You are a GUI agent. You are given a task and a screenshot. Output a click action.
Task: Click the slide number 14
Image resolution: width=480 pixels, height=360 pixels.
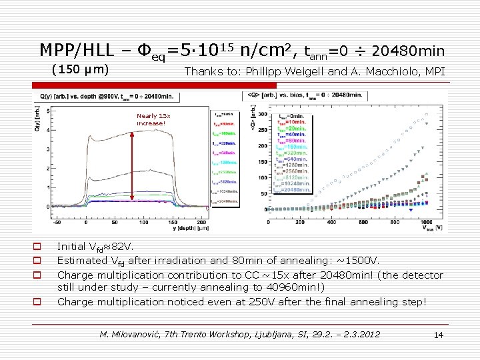click(x=438, y=335)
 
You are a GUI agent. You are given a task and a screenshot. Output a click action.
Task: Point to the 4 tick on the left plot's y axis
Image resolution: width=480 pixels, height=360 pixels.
click(x=47, y=129)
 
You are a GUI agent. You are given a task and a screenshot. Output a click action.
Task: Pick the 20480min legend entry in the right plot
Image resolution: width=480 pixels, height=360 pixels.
click(x=293, y=189)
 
